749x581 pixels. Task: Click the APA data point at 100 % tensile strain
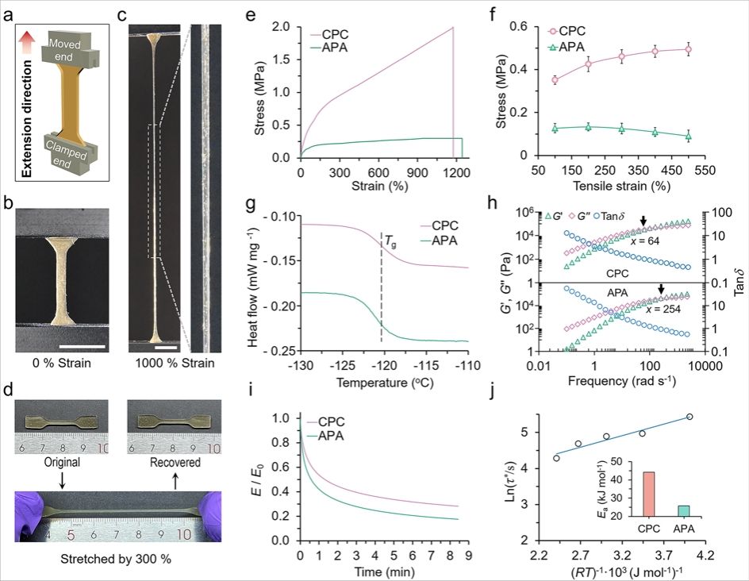(555, 128)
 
